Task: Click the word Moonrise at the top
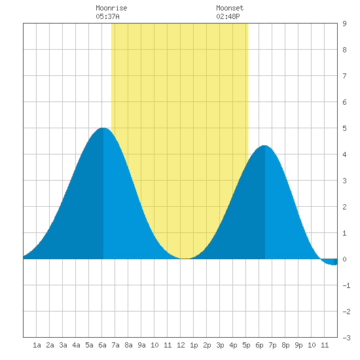coord(111,8)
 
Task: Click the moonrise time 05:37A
coord(107,16)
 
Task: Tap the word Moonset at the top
coord(230,8)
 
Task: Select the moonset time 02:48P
coord(228,16)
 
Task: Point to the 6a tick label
coord(102,345)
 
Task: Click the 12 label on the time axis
coord(181,345)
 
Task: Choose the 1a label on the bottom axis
coord(37,345)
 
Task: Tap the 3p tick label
coord(220,345)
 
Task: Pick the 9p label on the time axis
coord(298,345)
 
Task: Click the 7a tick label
coord(115,345)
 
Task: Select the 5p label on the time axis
coord(246,345)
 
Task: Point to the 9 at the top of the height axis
coord(344,24)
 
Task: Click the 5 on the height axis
coord(344,128)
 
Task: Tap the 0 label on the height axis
coord(344,259)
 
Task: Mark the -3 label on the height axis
coord(346,338)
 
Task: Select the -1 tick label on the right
coord(346,285)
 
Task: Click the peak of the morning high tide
coord(103,128)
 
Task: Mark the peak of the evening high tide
coord(264,145)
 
